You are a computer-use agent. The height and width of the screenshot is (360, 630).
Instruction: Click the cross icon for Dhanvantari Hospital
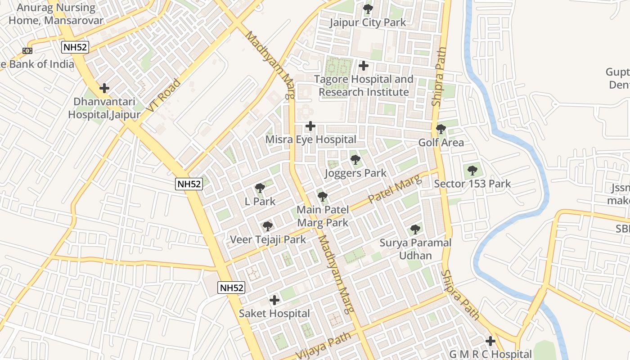pos(104,88)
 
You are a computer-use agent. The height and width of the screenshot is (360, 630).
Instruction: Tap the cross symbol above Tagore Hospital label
pos(364,66)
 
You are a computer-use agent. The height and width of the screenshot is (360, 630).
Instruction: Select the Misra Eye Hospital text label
pos(310,139)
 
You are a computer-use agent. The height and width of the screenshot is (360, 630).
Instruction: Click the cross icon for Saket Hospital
pos(274,300)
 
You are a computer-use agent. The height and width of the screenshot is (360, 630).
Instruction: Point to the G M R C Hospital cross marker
pos(490,341)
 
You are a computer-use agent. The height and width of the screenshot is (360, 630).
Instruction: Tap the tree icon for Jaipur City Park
pos(368,9)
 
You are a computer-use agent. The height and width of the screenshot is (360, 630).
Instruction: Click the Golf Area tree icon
pos(441,130)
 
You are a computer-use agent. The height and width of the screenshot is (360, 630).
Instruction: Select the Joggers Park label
pos(355,173)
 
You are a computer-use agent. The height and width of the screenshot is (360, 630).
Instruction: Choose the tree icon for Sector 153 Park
pos(472,171)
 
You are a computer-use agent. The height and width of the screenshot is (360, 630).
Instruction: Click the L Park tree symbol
pos(260,188)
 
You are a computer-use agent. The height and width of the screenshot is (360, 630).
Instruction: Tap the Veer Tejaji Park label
pos(268,239)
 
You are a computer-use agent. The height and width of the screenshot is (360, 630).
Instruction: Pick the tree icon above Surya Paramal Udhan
pos(415,229)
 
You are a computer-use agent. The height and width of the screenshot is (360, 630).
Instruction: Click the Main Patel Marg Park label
pos(322,216)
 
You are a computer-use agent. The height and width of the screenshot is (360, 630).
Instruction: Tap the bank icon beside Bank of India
pos(27,51)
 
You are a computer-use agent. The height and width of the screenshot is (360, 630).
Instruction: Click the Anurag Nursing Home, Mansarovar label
pos(56,14)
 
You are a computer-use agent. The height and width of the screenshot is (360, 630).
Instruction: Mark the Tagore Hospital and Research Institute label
pos(364,85)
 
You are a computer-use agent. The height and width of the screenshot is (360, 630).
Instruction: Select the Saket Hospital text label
pos(274,313)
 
